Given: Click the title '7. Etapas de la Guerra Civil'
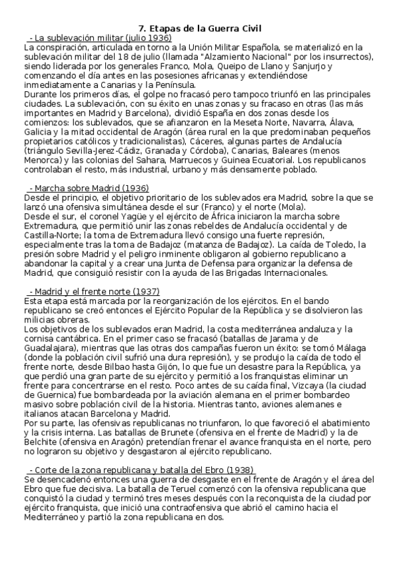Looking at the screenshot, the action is (199, 28).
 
